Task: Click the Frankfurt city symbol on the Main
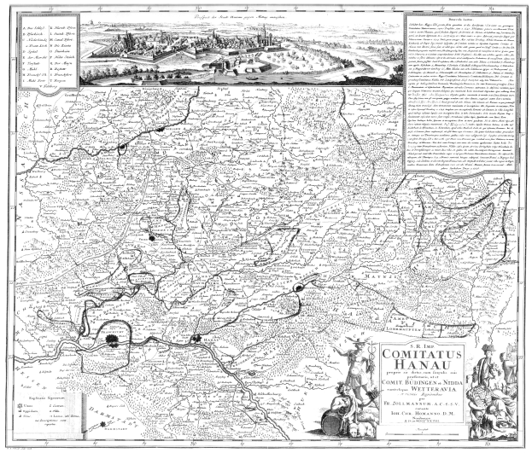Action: (113, 340)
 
